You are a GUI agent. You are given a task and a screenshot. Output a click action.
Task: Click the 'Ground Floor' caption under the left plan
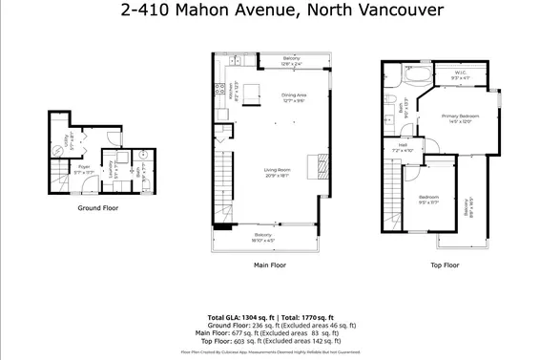[x=96, y=206]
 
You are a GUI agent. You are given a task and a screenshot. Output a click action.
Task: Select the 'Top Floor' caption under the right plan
[x=444, y=265]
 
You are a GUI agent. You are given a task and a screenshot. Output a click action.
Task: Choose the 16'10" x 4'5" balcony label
[x=263, y=237]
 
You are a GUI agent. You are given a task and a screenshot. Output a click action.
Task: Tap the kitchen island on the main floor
[x=252, y=93]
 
